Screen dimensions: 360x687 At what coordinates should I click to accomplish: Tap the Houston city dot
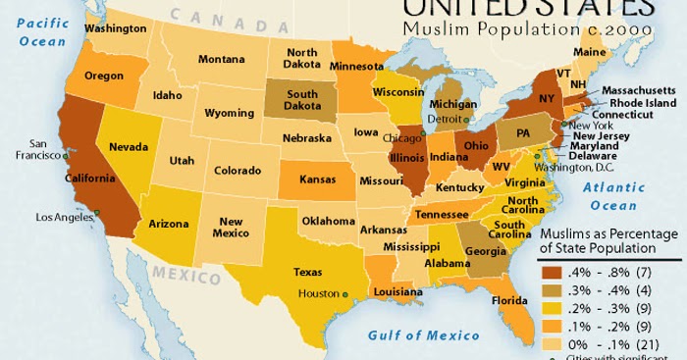(345, 293)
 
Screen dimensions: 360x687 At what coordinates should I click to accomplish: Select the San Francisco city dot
(66, 156)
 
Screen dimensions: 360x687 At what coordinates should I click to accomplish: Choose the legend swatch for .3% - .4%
(556, 290)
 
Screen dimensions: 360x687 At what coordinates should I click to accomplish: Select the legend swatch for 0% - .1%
(556, 343)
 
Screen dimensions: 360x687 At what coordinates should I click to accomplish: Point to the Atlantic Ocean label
(615, 196)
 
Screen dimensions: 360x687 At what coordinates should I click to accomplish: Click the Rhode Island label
(643, 102)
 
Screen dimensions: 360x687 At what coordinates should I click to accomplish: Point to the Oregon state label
(103, 76)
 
